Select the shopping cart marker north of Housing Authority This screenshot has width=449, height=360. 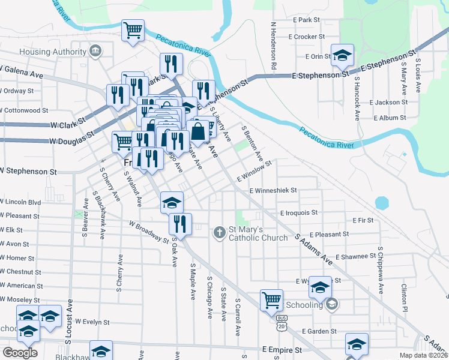click(133, 30)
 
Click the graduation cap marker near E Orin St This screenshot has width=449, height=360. click(342, 56)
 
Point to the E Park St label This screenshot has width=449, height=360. click(306, 20)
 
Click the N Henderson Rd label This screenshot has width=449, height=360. click(273, 45)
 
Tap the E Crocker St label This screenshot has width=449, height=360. click(306, 37)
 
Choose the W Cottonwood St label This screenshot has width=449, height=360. click(24, 110)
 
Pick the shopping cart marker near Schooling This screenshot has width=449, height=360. click(271, 299)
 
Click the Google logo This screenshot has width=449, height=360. click(20, 353)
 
